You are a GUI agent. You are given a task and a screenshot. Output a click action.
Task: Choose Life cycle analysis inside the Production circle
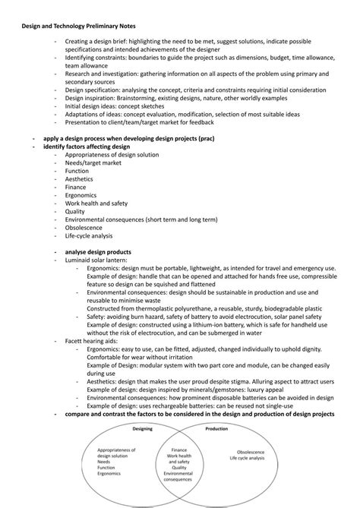coord(250,458)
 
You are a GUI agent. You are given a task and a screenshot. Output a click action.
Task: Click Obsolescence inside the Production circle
coord(250,451)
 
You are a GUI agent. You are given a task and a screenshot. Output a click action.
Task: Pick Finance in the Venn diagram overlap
coord(179,450)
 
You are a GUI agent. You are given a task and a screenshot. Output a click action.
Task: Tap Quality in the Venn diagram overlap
coord(179,468)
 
